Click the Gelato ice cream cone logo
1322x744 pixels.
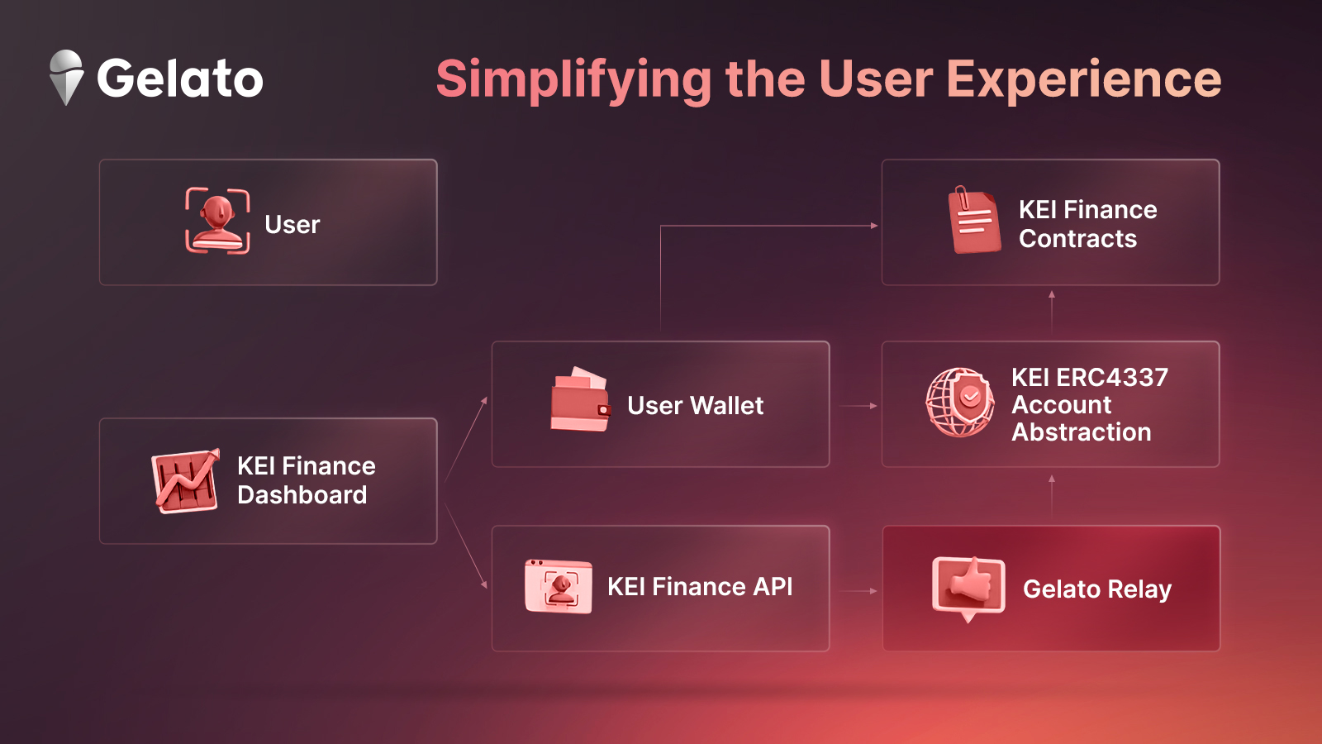pyautogui.click(x=65, y=78)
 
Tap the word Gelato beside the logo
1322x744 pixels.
pyautogui.click(x=180, y=78)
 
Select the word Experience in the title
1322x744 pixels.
pyautogui.click(x=1084, y=79)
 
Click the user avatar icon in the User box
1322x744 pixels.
pyautogui.click(x=217, y=221)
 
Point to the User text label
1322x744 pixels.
pyautogui.click(x=292, y=224)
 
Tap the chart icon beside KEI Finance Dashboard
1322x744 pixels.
pyautogui.click(x=186, y=480)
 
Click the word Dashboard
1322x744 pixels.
pyautogui.click(x=302, y=495)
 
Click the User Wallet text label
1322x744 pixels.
pyautogui.click(x=695, y=406)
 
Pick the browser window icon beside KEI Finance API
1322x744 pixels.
pyautogui.click(x=559, y=586)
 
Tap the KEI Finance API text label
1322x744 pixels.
pyautogui.click(x=700, y=586)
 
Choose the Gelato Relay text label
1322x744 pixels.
pyautogui.click(x=1097, y=589)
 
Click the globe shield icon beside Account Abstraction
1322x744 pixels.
pyautogui.click(x=959, y=402)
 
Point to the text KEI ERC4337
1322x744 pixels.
pyautogui.click(x=1090, y=377)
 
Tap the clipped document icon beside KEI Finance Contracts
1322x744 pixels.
pyautogui.click(x=974, y=220)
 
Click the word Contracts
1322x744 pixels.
pyautogui.click(x=1077, y=239)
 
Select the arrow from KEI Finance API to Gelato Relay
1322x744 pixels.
pyautogui.click(x=858, y=590)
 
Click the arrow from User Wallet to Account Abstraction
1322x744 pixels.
pyautogui.click(x=858, y=406)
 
